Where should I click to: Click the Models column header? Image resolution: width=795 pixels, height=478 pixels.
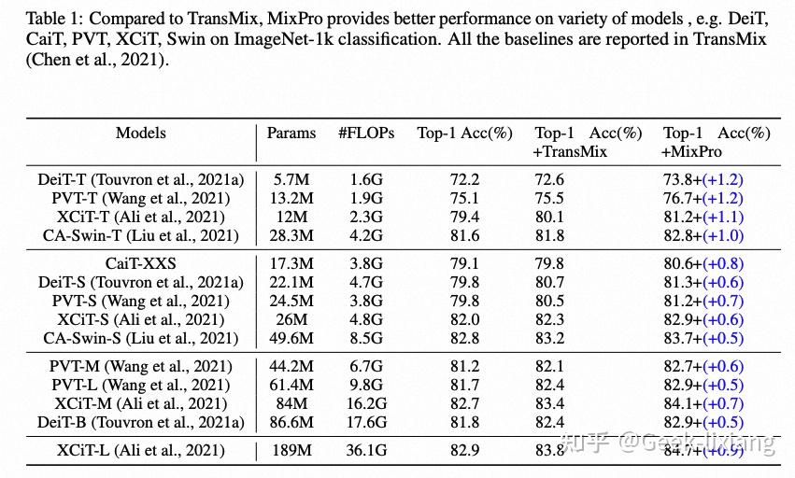[140, 134]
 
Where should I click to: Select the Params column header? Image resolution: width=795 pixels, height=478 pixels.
[291, 134]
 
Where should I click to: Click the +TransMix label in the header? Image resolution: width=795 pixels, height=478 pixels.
[570, 151]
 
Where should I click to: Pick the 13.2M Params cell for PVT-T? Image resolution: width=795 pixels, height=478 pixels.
[291, 198]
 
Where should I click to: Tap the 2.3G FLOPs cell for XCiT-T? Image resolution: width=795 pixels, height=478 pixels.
[366, 217]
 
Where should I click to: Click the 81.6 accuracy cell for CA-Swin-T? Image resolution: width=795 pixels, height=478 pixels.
[464, 235]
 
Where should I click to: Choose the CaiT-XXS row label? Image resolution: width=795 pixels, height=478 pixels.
[141, 264]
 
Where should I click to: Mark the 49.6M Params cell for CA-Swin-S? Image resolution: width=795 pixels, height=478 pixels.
[291, 338]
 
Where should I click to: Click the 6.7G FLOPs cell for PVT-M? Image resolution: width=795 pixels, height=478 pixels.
[366, 367]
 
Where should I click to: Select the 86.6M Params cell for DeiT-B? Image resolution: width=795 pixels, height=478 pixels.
[291, 422]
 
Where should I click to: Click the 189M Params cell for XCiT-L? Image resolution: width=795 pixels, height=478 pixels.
[291, 451]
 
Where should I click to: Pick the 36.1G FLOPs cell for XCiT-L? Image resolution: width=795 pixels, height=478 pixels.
[366, 451]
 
